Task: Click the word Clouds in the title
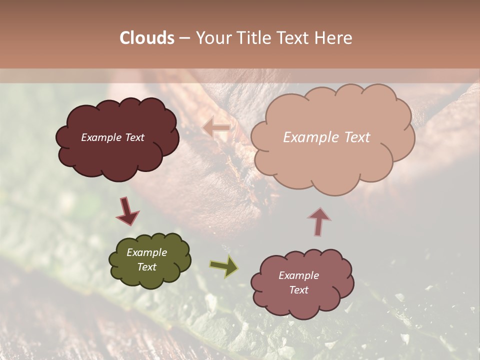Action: [x=147, y=38]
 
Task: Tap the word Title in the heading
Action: [x=253, y=38]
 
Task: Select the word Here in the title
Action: [x=333, y=38]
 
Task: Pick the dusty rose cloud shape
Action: [x=302, y=302]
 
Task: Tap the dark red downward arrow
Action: [x=128, y=211]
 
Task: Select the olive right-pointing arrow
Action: [x=224, y=266]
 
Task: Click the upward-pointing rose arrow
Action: [x=319, y=221]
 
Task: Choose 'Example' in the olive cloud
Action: [x=146, y=252]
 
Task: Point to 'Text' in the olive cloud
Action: [x=146, y=267]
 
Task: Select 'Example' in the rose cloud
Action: [x=298, y=275]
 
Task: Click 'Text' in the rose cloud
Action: [x=298, y=290]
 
